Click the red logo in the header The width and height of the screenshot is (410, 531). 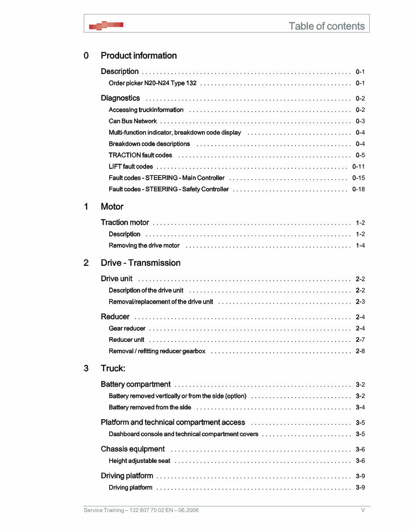tap(106, 25)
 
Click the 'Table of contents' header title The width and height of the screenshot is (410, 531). tap(326, 26)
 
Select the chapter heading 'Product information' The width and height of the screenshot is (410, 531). tap(139, 56)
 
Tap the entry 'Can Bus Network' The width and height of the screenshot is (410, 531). tap(132, 121)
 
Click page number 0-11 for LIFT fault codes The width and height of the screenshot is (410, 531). tap(358, 166)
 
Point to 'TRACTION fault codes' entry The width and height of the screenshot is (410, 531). tap(140, 155)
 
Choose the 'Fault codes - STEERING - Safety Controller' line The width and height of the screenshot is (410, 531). tap(168, 189)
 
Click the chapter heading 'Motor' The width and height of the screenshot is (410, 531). tap(112, 207)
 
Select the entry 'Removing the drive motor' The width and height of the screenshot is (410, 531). tap(144, 245)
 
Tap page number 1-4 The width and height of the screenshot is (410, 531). tap(360, 245)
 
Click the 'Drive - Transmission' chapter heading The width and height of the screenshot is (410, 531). tap(140, 263)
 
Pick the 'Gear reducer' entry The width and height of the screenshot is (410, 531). tap(127, 328)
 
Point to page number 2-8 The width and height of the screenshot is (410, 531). tap(360, 351)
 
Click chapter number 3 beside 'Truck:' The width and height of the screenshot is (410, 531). tap(86, 368)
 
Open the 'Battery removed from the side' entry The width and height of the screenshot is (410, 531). tap(150, 407)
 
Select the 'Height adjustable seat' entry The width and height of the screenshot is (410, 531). tap(139, 461)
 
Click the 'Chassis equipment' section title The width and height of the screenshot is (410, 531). tap(132, 449)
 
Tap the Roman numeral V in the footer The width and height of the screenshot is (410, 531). tap(363, 510)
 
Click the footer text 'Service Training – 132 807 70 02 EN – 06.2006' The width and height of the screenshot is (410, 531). tap(141, 510)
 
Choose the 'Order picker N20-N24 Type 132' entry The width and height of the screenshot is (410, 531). tap(152, 83)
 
